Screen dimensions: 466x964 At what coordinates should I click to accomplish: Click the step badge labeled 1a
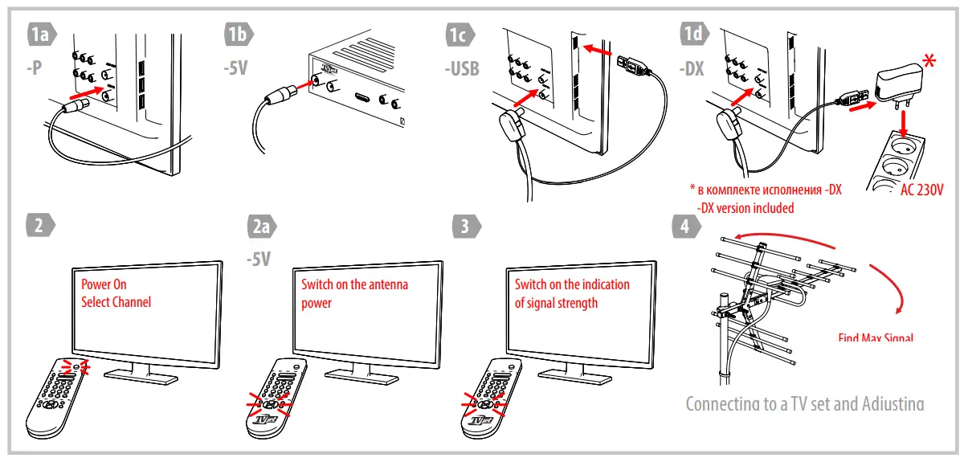click(x=41, y=35)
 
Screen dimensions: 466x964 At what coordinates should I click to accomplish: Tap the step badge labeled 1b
click(x=238, y=35)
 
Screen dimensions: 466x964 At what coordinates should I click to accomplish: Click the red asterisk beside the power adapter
click(x=930, y=61)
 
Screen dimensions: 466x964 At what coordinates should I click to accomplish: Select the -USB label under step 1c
click(x=462, y=68)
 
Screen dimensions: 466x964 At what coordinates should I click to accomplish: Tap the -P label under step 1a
click(x=34, y=68)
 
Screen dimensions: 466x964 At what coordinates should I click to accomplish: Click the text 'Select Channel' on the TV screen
click(x=116, y=302)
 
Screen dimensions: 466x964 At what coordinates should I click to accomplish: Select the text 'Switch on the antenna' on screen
click(x=354, y=284)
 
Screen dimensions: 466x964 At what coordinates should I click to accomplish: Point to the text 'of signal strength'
click(x=556, y=303)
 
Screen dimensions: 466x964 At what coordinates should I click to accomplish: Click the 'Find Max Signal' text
click(x=876, y=337)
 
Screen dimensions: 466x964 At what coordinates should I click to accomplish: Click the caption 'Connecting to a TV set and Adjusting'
click(x=804, y=403)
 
